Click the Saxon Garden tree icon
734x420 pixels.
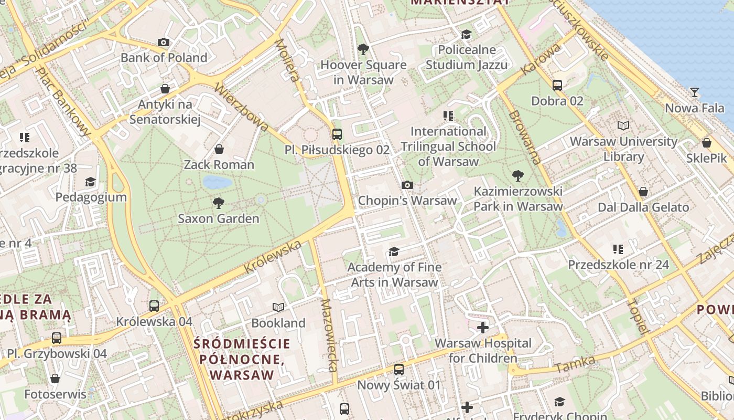(x=219, y=203)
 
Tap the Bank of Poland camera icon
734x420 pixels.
(x=164, y=42)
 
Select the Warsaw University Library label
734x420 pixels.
(x=623, y=149)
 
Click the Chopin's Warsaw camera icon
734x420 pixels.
(x=407, y=185)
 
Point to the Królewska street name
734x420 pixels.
(x=273, y=257)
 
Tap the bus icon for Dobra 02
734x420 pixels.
(x=557, y=85)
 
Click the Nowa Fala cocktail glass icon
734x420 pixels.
(x=694, y=92)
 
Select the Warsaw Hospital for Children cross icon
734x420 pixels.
(x=482, y=328)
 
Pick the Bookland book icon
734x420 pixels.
(x=278, y=307)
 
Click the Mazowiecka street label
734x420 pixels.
(x=329, y=335)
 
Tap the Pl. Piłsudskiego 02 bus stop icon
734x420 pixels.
(x=337, y=134)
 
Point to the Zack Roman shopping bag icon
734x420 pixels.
(x=219, y=149)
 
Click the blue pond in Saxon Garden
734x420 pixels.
(x=217, y=182)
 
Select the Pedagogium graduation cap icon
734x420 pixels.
(x=91, y=182)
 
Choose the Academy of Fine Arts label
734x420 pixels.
(x=394, y=275)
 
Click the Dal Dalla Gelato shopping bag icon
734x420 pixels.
(x=643, y=192)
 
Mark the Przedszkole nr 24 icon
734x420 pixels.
(x=618, y=249)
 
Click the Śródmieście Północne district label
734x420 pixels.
(x=242, y=359)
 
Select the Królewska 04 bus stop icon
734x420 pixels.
(x=154, y=306)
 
